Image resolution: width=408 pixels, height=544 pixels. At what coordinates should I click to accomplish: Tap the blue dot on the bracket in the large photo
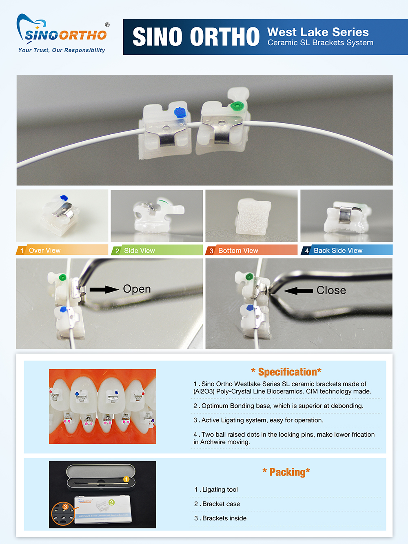coord(180,112)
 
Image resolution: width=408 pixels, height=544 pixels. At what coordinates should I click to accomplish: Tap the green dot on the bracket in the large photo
coord(237,106)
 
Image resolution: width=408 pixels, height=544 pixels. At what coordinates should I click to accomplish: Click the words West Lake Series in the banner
coord(318,32)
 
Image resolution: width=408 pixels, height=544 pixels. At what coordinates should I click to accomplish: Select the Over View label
coord(44,250)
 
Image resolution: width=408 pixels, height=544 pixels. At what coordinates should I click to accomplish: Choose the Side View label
coord(140,251)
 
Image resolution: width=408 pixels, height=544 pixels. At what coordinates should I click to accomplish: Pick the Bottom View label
coord(238,251)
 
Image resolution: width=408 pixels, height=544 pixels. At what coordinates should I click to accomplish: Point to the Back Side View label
coord(338,251)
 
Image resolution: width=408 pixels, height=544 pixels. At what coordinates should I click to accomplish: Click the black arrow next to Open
coord(104,289)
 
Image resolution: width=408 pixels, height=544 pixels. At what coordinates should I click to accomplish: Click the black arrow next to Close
coord(298,291)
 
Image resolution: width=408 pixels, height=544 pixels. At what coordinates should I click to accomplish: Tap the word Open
coord(137,289)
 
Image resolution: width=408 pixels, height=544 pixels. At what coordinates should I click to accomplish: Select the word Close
coord(331,290)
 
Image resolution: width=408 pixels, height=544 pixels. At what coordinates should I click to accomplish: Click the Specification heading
coord(286,372)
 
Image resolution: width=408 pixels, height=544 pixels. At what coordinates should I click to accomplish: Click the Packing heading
coord(286,472)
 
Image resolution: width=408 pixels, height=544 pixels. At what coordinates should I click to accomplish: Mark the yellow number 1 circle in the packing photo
coord(126,479)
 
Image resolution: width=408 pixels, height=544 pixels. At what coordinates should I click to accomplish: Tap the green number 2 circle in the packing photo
coord(111,502)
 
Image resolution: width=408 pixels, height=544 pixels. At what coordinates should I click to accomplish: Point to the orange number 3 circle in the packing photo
coord(65,506)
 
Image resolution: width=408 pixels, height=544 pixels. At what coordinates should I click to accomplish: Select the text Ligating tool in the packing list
coord(220,489)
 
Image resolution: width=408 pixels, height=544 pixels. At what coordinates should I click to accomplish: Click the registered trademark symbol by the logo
coord(107,24)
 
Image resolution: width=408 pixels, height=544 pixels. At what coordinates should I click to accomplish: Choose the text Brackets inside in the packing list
coord(224,518)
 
